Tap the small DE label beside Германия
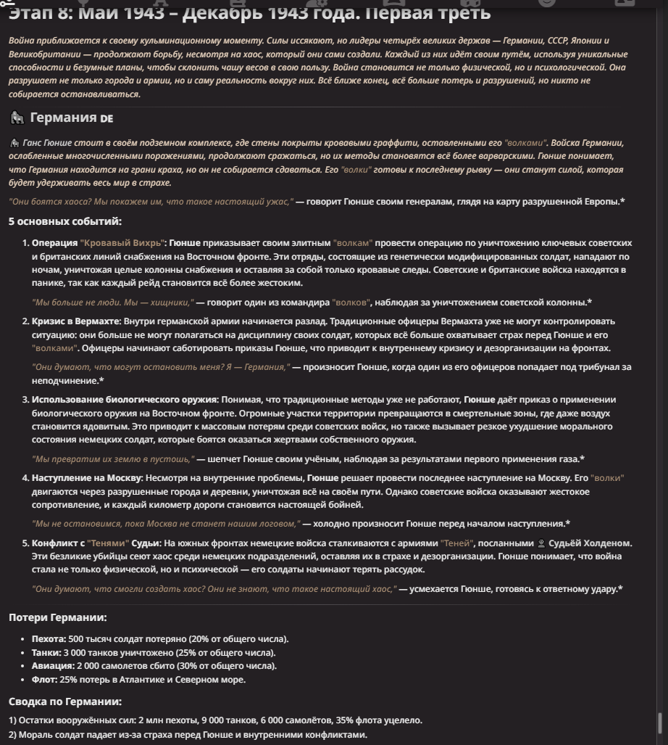pos(107,118)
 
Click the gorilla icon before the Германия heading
pos(17,118)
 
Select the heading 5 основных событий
pos(65,221)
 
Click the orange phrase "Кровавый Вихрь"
pos(122,243)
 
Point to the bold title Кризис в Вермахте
pos(76,321)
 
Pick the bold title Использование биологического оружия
pos(125,400)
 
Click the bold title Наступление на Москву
pos(87,478)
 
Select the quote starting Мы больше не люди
pos(113,302)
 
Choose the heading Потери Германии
pos(58,617)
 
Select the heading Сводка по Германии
pos(65,701)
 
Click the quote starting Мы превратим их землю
pos(113,459)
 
